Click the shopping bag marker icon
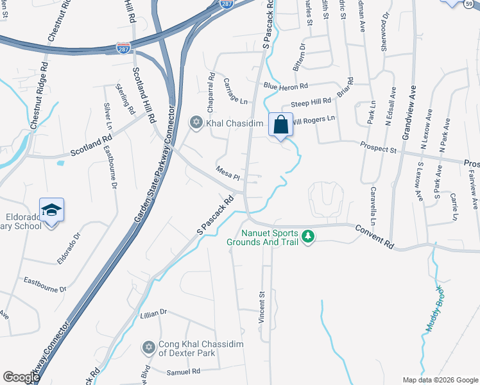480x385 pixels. (x=281, y=124)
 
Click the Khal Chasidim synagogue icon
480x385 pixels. (x=196, y=122)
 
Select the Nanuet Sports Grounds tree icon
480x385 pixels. (x=309, y=236)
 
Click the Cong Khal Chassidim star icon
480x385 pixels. (x=149, y=347)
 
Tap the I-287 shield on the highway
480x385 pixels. (x=123, y=47)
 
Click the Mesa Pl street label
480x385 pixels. (x=227, y=175)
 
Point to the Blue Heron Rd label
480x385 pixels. (x=286, y=86)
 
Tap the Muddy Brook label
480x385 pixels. (x=434, y=309)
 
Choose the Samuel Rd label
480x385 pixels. (x=183, y=372)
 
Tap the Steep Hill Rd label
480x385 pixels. (x=311, y=103)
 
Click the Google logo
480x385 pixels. (x=21, y=377)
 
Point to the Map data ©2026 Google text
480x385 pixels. (x=440, y=380)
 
